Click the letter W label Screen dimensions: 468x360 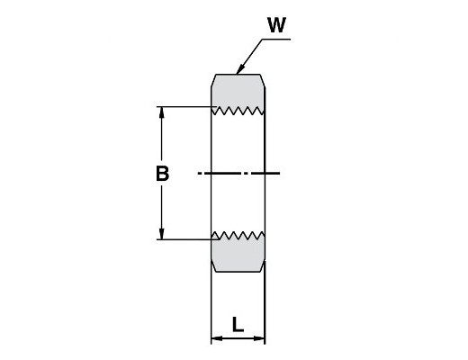pos(276,25)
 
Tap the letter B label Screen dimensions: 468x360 pos(162,174)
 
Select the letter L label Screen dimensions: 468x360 pos(238,325)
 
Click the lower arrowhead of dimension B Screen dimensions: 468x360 pos(162,234)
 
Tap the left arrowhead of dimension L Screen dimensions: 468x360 pos(217,338)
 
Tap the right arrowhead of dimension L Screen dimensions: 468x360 pos(259,338)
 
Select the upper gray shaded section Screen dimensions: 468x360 pos(238,92)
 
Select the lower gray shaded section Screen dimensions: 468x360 pos(238,255)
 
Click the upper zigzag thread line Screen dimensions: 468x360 pos(238,111)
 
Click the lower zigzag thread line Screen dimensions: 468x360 pos(238,236)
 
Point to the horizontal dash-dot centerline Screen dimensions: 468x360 pos(238,173)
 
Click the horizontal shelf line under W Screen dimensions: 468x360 pos(276,39)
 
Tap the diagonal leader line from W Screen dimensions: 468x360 pos(249,56)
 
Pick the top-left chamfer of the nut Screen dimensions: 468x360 pos(213,81)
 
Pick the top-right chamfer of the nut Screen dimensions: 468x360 pos(263,81)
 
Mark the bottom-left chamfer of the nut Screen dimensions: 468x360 pos(213,266)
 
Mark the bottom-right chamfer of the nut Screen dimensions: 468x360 pos(263,266)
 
